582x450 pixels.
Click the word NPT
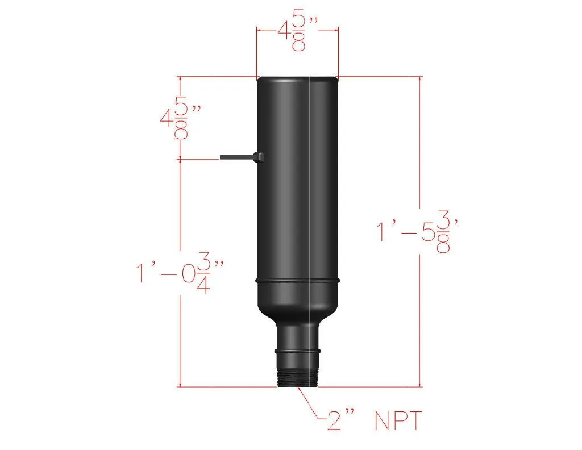tap(398, 421)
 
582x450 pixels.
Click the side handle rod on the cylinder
tap(236, 156)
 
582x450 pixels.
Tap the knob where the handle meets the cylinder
tap(259, 156)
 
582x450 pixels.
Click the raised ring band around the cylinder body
tap(297, 281)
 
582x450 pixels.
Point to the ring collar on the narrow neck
tap(297, 350)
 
